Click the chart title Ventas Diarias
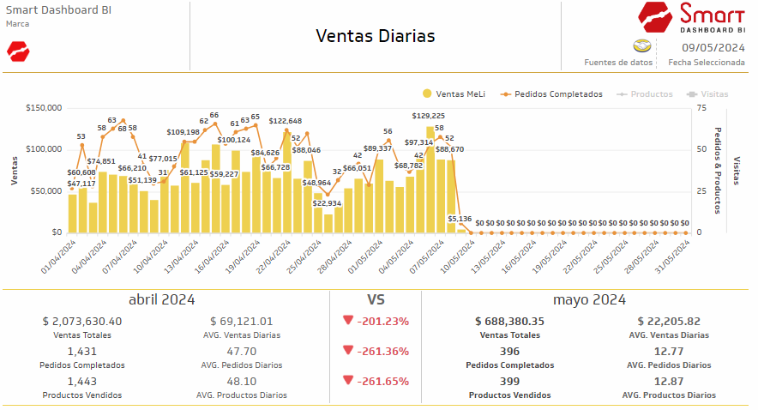pos(376,36)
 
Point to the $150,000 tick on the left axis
pos(44,108)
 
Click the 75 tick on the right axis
pos(701,108)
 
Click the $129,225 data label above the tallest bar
pos(429,116)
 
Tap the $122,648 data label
pos(286,121)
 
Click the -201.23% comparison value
pos(382,322)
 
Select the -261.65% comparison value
pos(382,381)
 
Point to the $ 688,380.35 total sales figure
pos(509,322)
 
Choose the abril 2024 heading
pos(161,300)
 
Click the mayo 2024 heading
pos(589,300)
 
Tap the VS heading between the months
pos(376,300)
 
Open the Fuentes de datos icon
pos(641,46)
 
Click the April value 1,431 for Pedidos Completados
pos(82,351)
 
